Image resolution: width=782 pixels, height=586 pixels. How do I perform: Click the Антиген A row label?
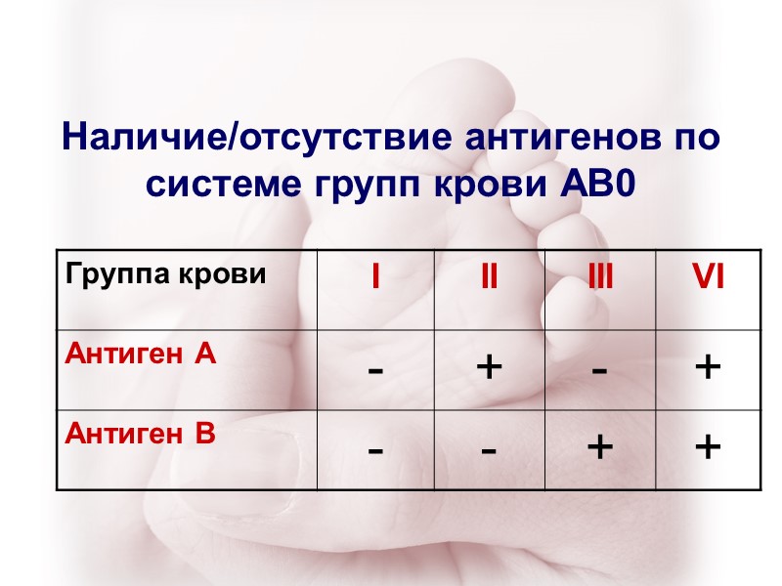click(x=139, y=356)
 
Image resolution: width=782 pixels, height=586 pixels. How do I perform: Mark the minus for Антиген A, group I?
click(x=374, y=370)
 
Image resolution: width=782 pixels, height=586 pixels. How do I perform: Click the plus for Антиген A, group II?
click(x=488, y=367)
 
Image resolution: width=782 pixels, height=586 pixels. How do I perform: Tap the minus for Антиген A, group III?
click(x=600, y=370)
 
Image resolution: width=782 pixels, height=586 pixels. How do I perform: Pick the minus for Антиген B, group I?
click(x=374, y=450)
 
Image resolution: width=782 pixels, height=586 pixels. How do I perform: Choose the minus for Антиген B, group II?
click(x=488, y=450)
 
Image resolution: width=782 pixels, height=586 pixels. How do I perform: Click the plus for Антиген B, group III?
click(x=600, y=447)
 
